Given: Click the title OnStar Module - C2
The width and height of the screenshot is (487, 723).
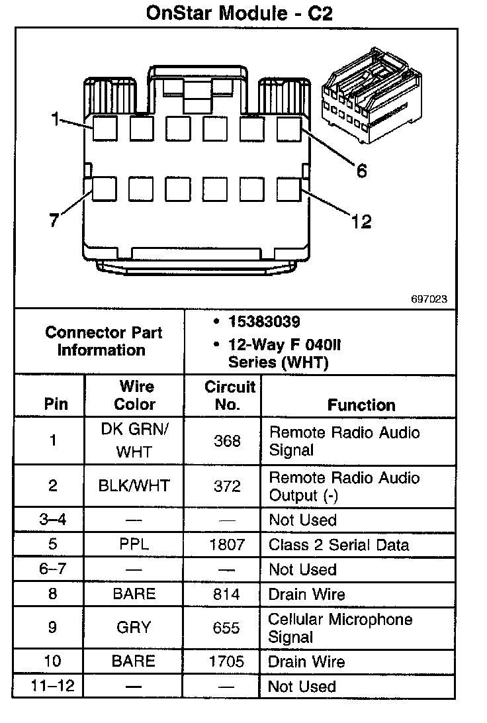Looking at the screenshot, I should [244, 13].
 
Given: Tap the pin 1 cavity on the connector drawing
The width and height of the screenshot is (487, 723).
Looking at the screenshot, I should [105, 128].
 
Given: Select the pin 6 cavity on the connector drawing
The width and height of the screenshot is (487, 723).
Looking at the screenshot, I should [288, 128].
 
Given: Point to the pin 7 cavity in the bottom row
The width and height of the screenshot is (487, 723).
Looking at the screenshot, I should [105, 189].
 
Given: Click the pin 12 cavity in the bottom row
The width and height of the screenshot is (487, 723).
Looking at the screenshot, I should [288, 189].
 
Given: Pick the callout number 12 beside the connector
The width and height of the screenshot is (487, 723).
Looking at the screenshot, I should [361, 222].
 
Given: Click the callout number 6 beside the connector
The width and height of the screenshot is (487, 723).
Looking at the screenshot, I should [361, 171].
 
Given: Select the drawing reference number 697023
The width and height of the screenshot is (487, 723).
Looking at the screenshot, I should [429, 299].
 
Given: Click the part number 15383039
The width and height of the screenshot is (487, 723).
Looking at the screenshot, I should [264, 322].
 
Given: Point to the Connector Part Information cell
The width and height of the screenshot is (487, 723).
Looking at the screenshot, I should [103, 341].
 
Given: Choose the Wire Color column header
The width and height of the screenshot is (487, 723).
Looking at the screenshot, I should [135, 395].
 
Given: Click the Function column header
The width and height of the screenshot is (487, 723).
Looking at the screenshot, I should [361, 405].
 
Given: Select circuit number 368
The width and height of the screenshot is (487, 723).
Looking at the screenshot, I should [227, 441].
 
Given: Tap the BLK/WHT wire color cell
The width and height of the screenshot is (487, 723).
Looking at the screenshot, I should [134, 486].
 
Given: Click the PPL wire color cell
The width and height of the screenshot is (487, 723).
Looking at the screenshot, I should [134, 545].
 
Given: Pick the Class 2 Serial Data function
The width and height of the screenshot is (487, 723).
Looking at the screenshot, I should [339, 545].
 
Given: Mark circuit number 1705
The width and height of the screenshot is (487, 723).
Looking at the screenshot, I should [227, 661].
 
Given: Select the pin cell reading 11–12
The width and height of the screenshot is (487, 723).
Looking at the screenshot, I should [54, 686].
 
